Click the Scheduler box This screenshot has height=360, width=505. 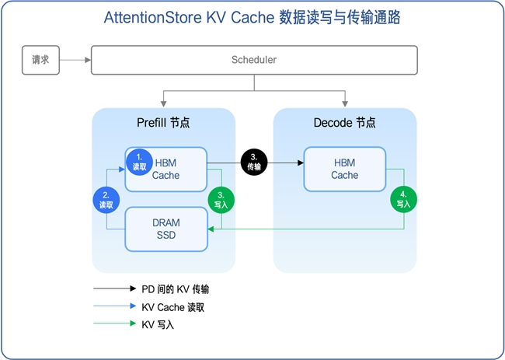pos(254,60)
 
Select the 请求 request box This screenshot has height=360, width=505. pos(40,60)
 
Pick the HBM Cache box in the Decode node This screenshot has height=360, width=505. pos(344,169)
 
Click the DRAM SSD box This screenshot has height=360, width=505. pos(165,229)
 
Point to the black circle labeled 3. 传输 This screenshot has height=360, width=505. pos(253,162)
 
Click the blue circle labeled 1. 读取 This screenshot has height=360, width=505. pos(139,161)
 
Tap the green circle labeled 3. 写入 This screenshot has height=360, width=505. pos(221,201)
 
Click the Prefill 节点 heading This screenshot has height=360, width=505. pos(163,123)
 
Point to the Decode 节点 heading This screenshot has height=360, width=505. pos(344,123)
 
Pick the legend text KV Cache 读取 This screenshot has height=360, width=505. pos(173,307)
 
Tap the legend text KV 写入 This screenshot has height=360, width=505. pos(158,325)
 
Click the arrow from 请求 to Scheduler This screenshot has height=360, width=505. pos(75,60)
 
